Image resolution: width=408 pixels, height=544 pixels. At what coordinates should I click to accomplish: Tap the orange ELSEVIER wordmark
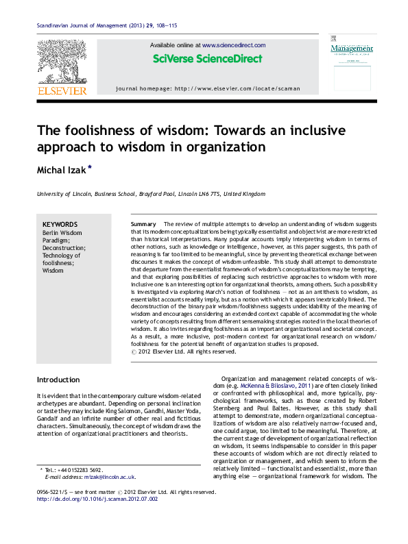[62, 90]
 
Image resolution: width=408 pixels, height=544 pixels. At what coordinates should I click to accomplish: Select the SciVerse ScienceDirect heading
[208, 59]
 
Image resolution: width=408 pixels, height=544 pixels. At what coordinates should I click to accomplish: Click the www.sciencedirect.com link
[234, 45]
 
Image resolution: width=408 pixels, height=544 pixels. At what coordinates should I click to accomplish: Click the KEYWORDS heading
[60, 225]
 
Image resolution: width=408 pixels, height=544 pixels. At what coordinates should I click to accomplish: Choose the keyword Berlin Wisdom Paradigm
[61, 236]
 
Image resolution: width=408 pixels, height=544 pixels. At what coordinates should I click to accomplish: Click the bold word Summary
[143, 225]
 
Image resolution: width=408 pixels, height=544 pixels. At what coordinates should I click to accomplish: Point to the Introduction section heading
[58, 380]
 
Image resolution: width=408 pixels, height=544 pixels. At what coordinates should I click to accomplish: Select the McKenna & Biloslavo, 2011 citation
[287, 388]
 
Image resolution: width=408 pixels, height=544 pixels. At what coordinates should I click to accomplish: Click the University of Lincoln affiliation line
[151, 194]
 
